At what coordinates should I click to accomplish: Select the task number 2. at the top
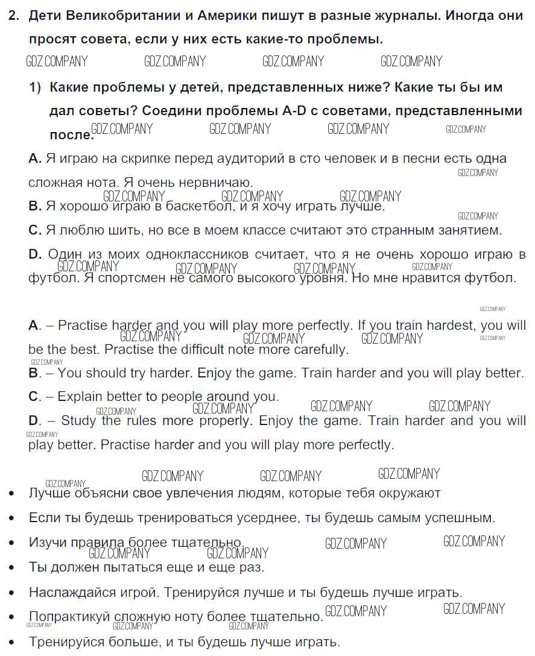(x=14, y=16)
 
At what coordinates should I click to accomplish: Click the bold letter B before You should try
(x=33, y=373)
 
